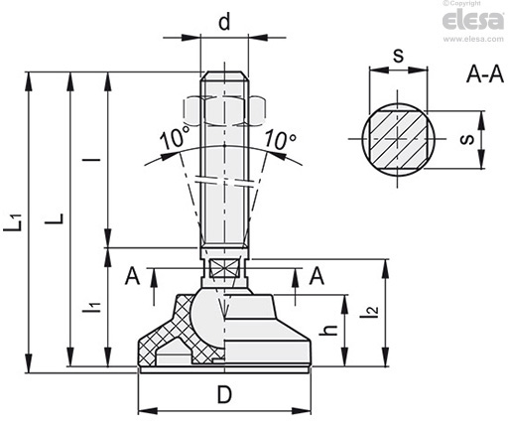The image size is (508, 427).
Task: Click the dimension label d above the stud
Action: (x=224, y=22)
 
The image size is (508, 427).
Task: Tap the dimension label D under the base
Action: (x=224, y=394)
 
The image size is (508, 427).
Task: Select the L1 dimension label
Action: (x=14, y=221)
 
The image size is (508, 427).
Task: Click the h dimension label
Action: (x=328, y=330)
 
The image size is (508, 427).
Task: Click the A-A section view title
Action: (x=485, y=74)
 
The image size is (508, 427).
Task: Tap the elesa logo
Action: (x=473, y=21)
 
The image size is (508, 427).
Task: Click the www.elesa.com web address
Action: (x=473, y=39)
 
